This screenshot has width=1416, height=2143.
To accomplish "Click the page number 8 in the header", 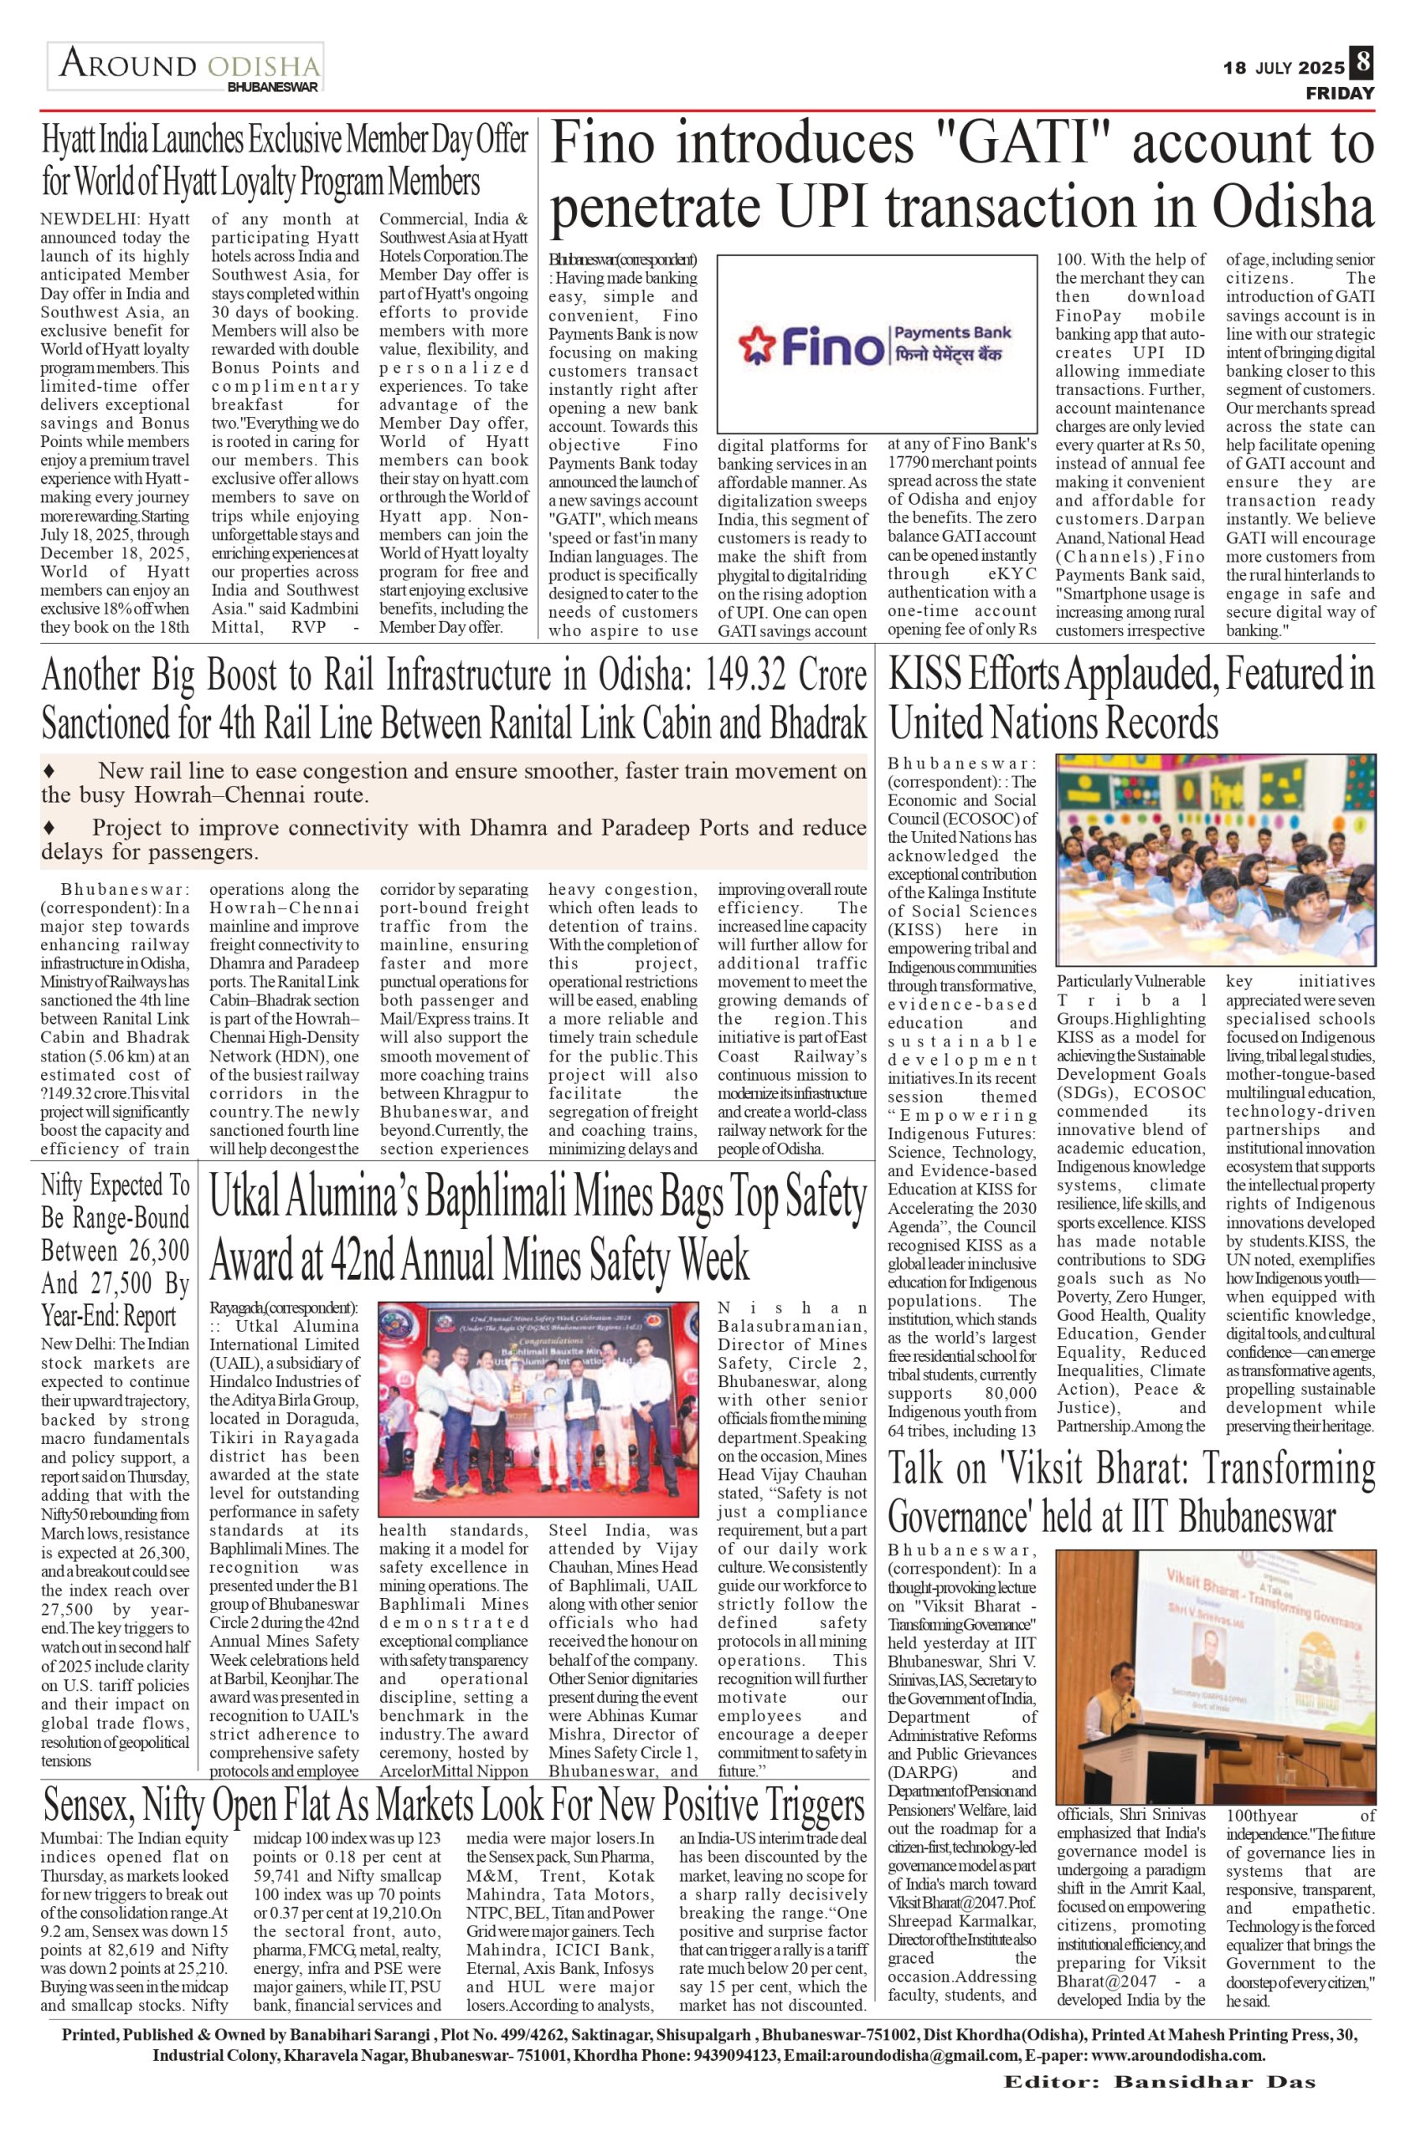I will tap(1362, 65).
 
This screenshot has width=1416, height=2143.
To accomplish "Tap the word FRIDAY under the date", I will tap(1339, 93).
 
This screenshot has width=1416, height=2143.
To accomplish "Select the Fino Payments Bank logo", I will tap(876, 343).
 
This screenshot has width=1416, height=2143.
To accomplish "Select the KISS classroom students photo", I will tap(1217, 860).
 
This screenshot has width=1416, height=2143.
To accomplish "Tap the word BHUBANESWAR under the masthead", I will tap(273, 88).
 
